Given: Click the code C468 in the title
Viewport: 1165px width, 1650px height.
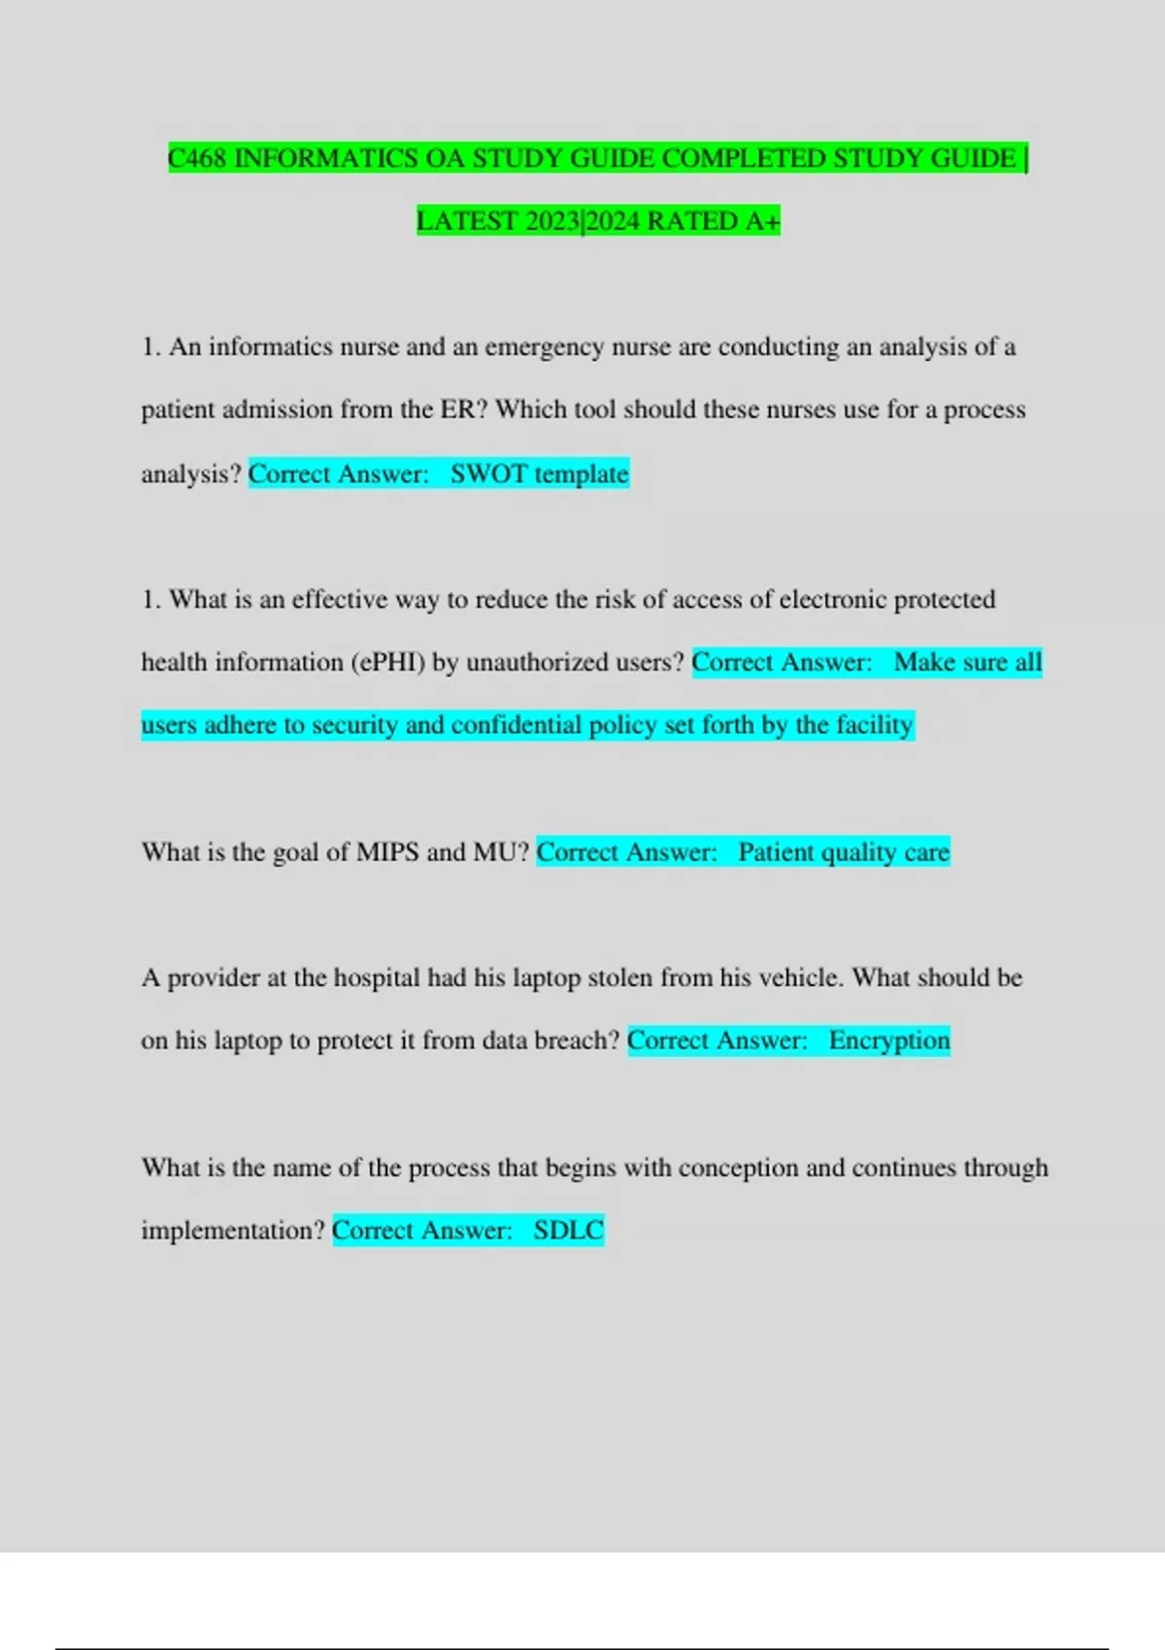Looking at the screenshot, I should click(197, 157).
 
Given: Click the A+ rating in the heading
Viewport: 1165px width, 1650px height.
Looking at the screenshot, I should click(762, 220).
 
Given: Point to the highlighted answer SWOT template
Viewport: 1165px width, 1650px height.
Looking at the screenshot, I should click(539, 474).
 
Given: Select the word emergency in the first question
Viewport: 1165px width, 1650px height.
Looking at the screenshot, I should click(544, 346).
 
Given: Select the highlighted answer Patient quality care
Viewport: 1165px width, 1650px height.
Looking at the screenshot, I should click(843, 851).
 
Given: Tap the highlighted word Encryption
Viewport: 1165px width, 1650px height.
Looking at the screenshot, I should click(888, 1040).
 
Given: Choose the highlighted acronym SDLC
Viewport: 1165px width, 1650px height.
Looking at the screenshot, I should click(568, 1230).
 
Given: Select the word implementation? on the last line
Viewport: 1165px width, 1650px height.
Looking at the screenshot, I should click(233, 1230).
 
